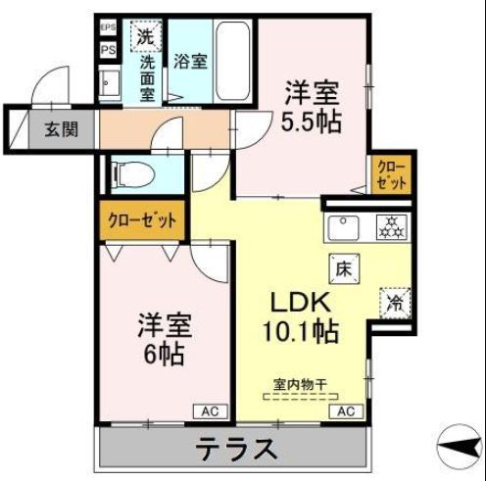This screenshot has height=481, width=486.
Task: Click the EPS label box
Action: tap(108, 28)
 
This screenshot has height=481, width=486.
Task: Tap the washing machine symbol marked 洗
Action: tap(145, 38)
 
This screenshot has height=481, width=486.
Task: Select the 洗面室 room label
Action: tap(147, 77)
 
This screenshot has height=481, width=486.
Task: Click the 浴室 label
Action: tap(189, 62)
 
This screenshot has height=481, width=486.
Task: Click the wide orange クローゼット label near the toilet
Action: tap(143, 220)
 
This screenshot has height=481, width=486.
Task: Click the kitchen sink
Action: tap(345, 228)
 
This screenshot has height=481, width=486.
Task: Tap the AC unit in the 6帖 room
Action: tap(209, 411)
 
